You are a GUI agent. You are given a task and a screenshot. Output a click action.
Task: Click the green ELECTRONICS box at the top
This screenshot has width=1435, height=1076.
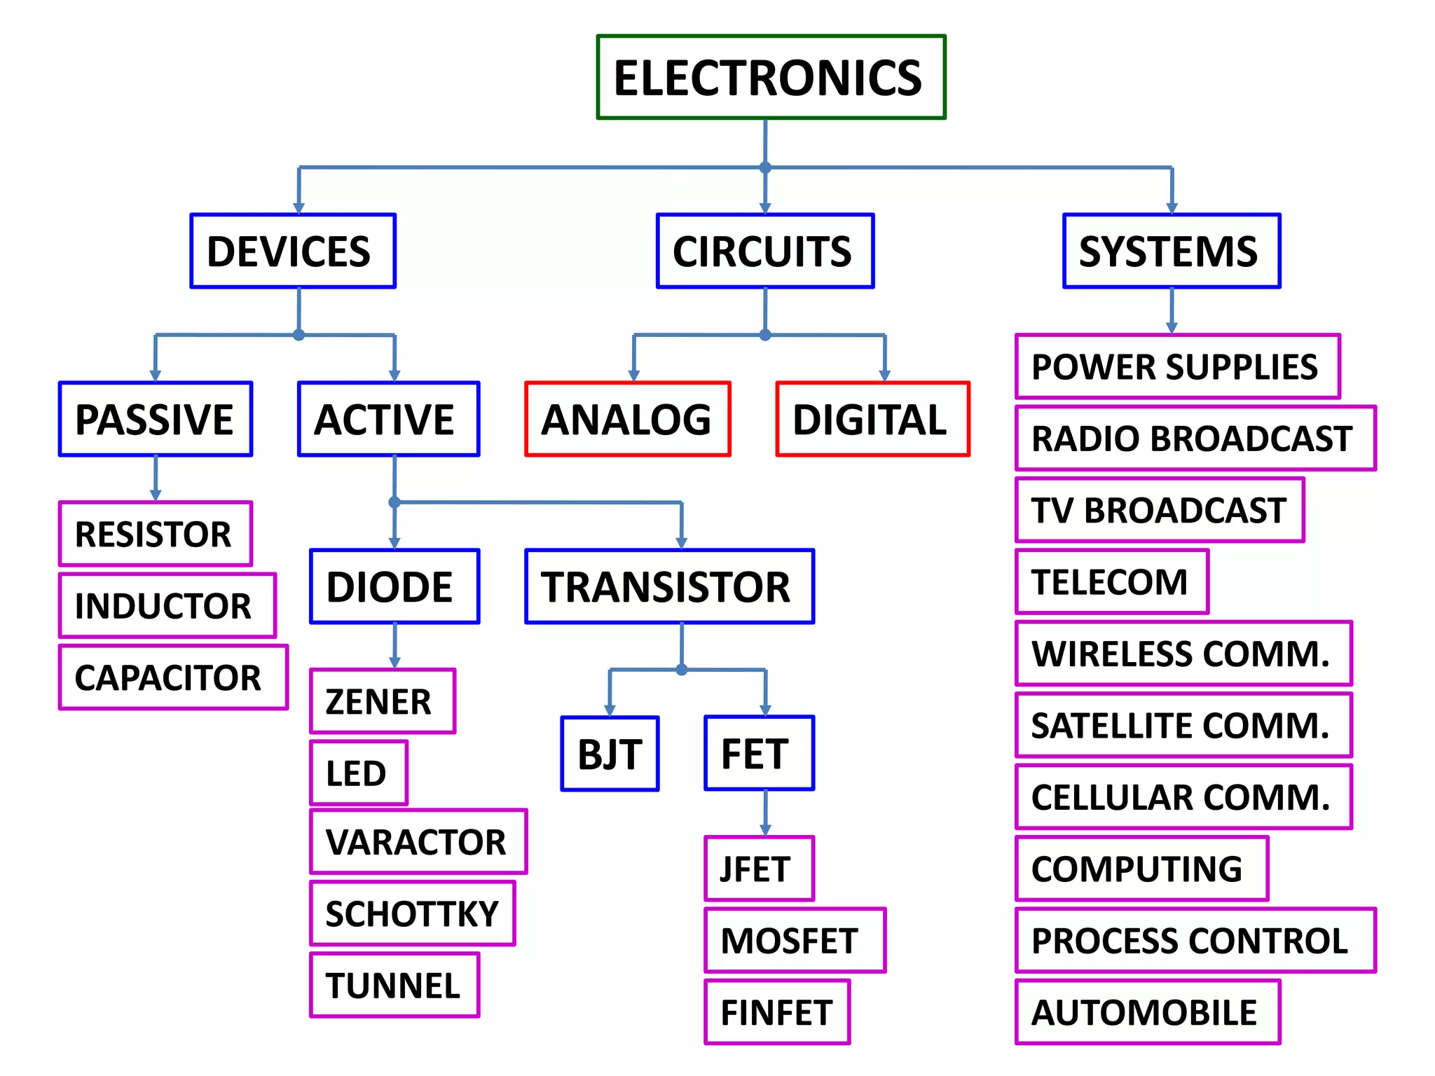point(771,77)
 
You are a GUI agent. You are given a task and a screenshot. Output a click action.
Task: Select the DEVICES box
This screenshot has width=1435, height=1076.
point(293,251)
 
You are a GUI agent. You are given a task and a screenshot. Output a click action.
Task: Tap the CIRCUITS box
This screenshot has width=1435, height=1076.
point(764,251)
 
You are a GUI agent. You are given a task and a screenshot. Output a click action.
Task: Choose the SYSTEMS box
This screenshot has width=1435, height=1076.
point(1172,251)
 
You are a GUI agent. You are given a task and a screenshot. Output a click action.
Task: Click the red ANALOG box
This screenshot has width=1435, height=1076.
point(628,419)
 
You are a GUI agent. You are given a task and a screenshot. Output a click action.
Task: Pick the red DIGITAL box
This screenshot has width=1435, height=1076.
point(872,419)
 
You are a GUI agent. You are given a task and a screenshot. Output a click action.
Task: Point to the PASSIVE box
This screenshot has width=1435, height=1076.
point(156,419)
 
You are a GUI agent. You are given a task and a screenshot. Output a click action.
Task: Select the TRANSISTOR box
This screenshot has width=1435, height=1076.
point(669,586)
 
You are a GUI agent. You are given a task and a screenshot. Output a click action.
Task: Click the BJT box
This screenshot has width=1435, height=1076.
point(610,754)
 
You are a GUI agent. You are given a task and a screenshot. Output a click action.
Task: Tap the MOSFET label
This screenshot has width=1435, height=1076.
point(795,940)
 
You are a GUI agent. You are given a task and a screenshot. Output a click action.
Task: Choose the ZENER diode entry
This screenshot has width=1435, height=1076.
point(383,701)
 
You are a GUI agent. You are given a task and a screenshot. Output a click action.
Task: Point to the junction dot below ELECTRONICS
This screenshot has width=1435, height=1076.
point(765,167)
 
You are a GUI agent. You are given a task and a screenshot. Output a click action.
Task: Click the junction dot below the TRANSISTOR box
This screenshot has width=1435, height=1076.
point(682,670)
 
